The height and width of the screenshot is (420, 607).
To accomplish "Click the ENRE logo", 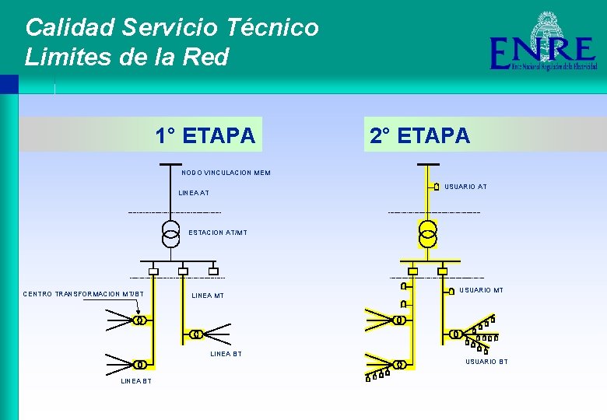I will click(x=542, y=45).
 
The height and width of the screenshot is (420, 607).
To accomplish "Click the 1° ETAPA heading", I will click(x=205, y=136).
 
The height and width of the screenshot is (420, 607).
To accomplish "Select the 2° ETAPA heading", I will click(x=419, y=136).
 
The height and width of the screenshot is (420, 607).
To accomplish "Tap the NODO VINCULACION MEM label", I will click(x=226, y=173).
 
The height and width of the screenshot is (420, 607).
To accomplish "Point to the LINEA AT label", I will click(x=194, y=192).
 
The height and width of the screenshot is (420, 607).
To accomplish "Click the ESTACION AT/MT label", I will click(x=218, y=233).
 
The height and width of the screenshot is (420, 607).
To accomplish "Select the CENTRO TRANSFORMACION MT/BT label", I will click(x=83, y=294).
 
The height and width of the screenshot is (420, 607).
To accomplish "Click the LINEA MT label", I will click(x=208, y=296).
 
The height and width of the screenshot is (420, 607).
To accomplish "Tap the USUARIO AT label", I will click(x=465, y=187).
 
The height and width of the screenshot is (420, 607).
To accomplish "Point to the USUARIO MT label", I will click(x=481, y=290).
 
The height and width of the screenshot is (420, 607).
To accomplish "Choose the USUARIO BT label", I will click(x=486, y=362).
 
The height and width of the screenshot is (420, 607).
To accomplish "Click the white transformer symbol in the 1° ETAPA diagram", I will click(x=170, y=232).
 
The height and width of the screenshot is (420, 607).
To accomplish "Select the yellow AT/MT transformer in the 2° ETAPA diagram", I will click(x=427, y=233).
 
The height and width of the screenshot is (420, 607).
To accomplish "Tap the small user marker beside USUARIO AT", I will click(x=437, y=187).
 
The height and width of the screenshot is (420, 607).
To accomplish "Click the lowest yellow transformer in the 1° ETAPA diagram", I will click(x=140, y=364).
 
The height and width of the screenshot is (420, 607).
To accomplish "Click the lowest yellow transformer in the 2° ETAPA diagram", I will click(x=399, y=364).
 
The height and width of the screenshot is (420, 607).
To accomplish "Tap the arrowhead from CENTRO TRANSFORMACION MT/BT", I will click(x=136, y=314).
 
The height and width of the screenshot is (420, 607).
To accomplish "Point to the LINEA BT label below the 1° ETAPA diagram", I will click(x=136, y=381).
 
